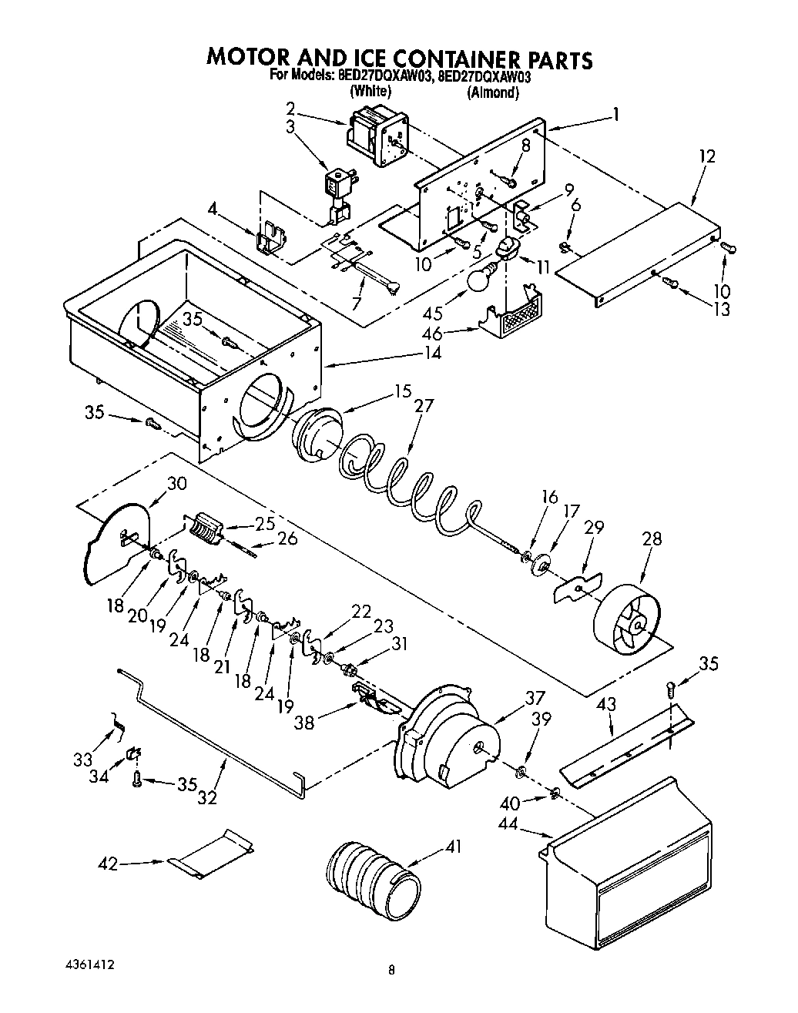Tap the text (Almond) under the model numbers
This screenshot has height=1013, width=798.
[492, 92]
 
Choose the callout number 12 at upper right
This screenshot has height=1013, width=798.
[707, 156]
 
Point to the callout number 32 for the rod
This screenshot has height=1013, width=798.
[206, 799]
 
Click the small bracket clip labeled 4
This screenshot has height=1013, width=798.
[269, 237]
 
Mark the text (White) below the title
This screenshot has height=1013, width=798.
[370, 91]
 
